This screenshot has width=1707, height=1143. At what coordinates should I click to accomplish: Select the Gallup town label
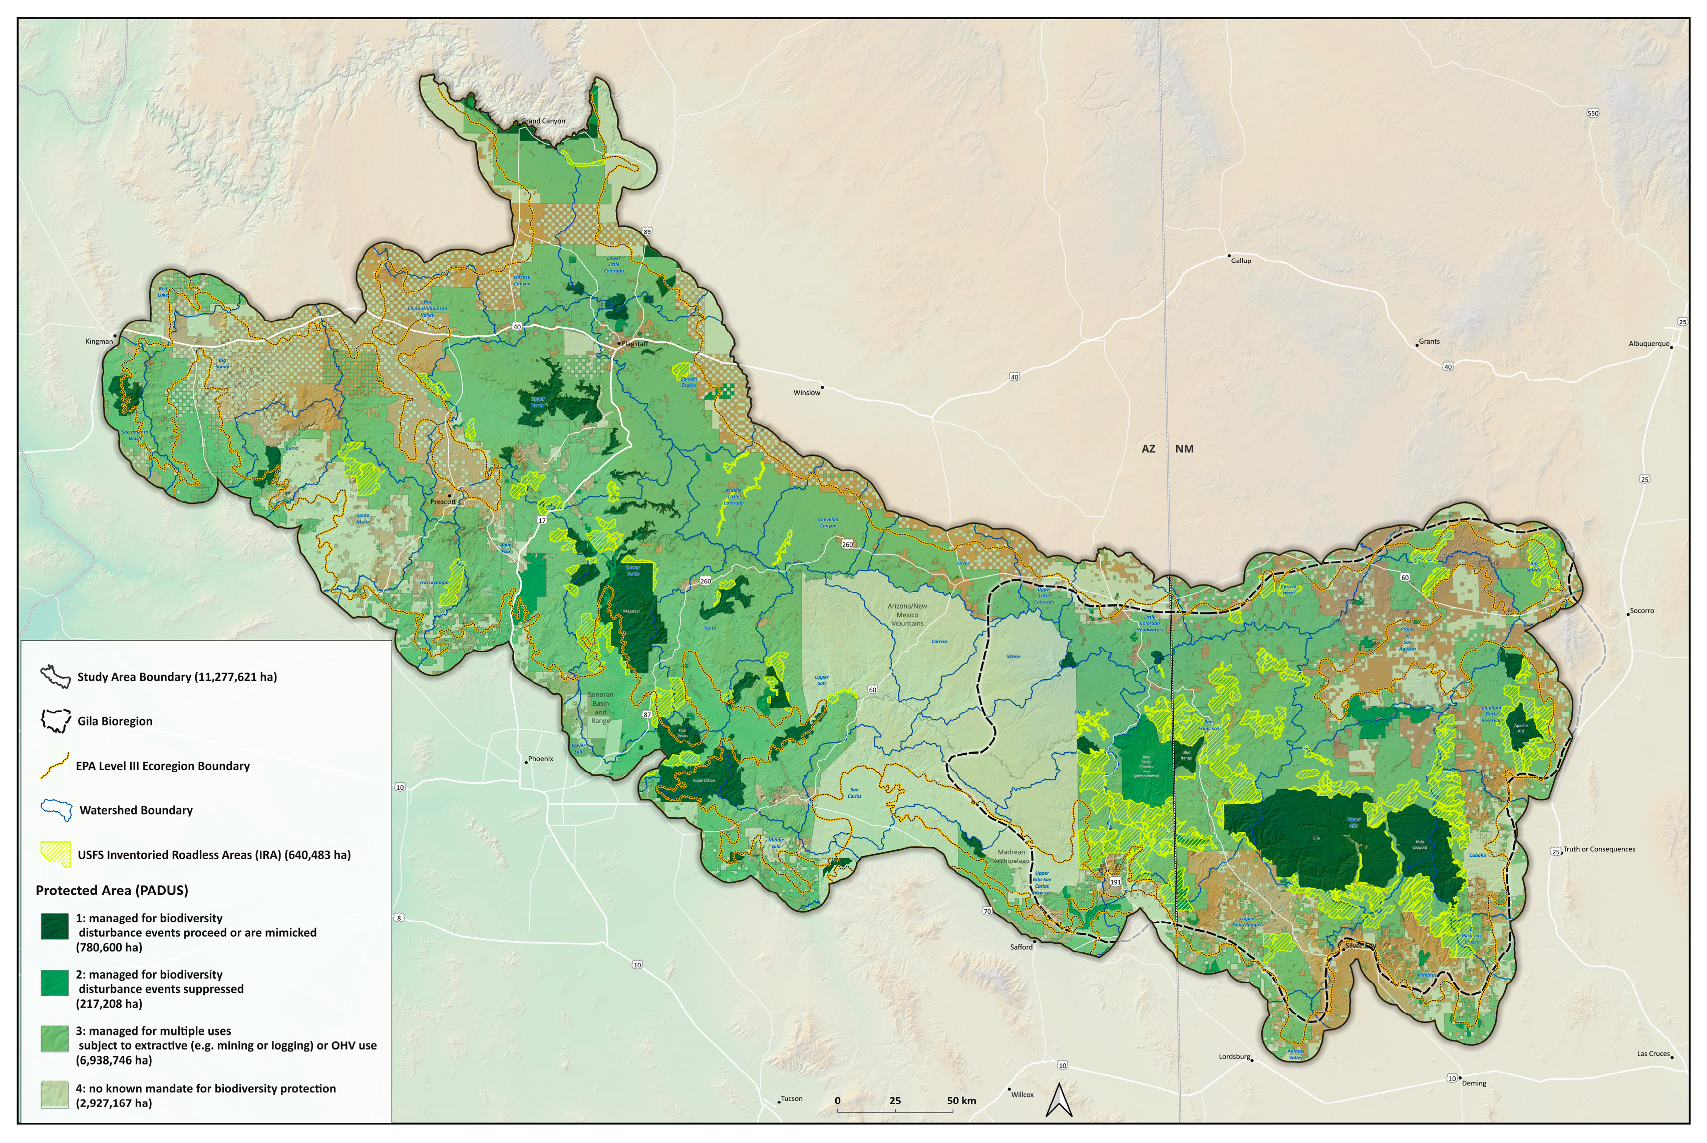(1240, 261)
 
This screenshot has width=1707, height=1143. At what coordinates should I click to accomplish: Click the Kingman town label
(99, 342)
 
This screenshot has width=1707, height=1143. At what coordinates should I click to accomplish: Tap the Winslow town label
(807, 393)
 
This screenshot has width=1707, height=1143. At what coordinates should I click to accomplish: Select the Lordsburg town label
(1234, 1057)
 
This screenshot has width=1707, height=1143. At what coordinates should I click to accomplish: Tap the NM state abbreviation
(1184, 449)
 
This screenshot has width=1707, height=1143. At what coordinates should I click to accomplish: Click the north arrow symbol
(1059, 1101)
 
